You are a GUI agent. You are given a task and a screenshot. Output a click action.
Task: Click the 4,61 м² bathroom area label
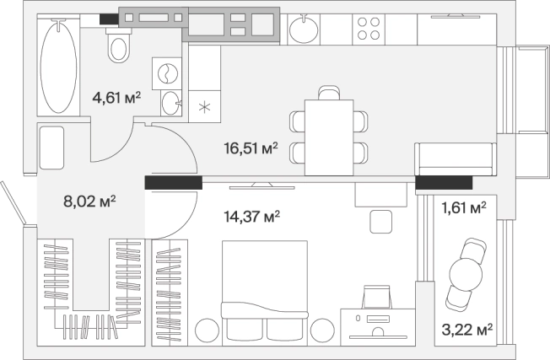116,98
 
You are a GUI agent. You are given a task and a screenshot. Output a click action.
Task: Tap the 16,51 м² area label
251,148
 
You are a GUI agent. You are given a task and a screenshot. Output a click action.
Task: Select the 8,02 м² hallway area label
89,201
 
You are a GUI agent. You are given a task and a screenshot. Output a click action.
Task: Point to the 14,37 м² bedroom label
252,217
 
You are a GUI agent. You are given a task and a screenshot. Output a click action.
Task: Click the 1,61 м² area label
464,208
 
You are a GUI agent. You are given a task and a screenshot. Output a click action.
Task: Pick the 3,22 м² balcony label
467,330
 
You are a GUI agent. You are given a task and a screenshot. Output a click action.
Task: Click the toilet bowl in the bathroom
119,46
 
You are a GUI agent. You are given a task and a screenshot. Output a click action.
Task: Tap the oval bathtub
58,66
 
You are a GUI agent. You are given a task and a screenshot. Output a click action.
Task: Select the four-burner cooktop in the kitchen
369,29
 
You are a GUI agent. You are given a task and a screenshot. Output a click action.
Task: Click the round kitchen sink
304,29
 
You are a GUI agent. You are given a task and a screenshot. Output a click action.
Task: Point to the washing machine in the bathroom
167,73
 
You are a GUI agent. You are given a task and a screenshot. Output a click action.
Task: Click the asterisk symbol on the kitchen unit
204,107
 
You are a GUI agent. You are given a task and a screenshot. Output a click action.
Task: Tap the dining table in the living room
329,137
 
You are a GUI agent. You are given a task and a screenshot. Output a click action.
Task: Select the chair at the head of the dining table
329,93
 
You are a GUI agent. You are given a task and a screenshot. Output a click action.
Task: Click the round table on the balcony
466,274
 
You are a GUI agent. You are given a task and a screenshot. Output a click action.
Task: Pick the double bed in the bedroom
265,291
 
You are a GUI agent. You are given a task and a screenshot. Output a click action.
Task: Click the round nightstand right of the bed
322,330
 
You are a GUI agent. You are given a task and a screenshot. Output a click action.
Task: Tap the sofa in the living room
456,159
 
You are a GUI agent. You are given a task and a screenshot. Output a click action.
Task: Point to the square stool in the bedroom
381,222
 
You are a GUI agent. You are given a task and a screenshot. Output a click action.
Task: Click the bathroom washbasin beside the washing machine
171,103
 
